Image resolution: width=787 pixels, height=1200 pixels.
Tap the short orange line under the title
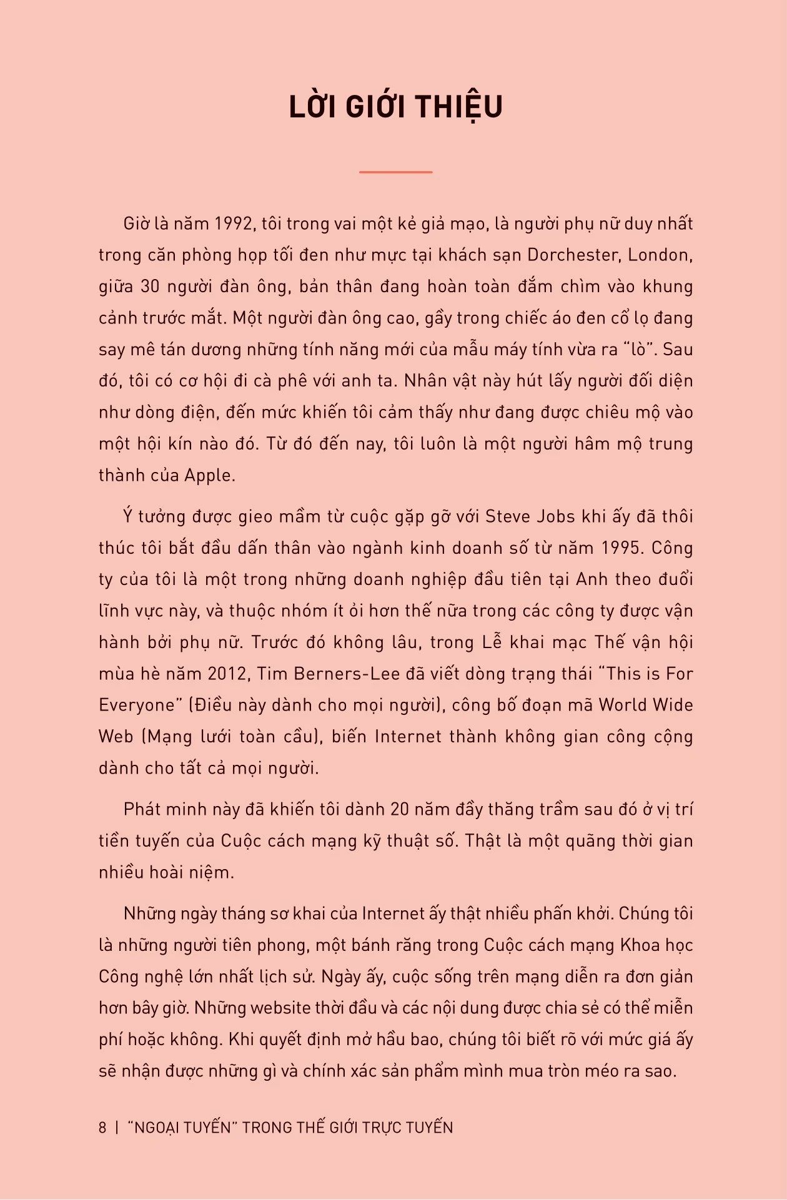pyautogui.click(x=395, y=172)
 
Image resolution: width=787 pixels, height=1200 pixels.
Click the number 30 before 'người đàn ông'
pyautogui.click(x=150, y=287)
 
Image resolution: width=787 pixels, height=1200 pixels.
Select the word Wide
pyautogui.click(x=673, y=705)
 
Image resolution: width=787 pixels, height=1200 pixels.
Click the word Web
pyautogui.click(x=116, y=736)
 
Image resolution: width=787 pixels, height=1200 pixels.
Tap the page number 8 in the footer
pyautogui.click(x=102, y=1128)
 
